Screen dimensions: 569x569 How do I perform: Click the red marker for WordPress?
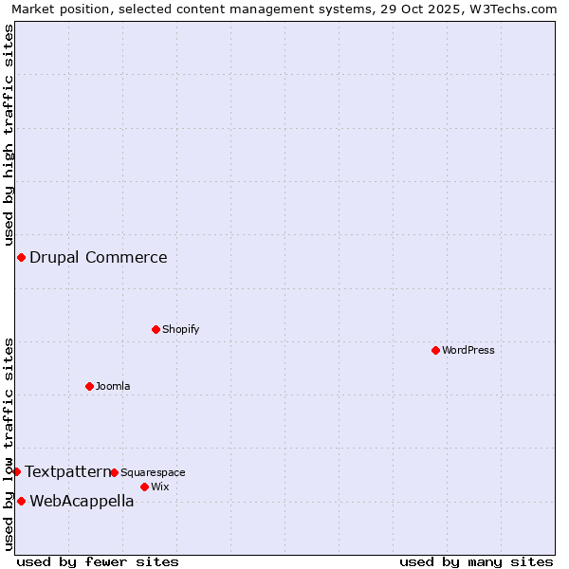(x=435, y=350)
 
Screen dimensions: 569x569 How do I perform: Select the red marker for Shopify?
(x=156, y=329)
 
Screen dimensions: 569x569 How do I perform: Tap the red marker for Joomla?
(x=89, y=386)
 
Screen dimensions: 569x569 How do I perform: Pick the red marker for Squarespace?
(x=114, y=472)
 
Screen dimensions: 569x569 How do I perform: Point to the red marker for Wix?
(x=144, y=486)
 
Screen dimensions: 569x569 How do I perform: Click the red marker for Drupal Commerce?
(x=21, y=257)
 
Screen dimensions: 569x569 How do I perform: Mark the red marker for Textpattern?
(x=16, y=471)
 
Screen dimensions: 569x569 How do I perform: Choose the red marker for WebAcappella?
(x=21, y=501)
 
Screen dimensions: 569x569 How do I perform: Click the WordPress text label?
(x=468, y=350)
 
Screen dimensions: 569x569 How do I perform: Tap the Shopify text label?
(x=180, y=329)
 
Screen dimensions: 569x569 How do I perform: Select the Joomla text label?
(x=113, y=386)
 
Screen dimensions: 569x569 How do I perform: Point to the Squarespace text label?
(x=153, y=472)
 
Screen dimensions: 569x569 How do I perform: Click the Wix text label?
(x=159, y=486)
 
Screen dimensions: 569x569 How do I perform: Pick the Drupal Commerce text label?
(x=99, y=257)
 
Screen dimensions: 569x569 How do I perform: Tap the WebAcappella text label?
(x=82, y=502)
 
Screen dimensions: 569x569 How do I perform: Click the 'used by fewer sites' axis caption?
(x=98, y=561)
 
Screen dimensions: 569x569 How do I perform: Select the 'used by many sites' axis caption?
(x=476, y=561)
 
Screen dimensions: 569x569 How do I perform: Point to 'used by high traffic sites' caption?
(x=9, y=136)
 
